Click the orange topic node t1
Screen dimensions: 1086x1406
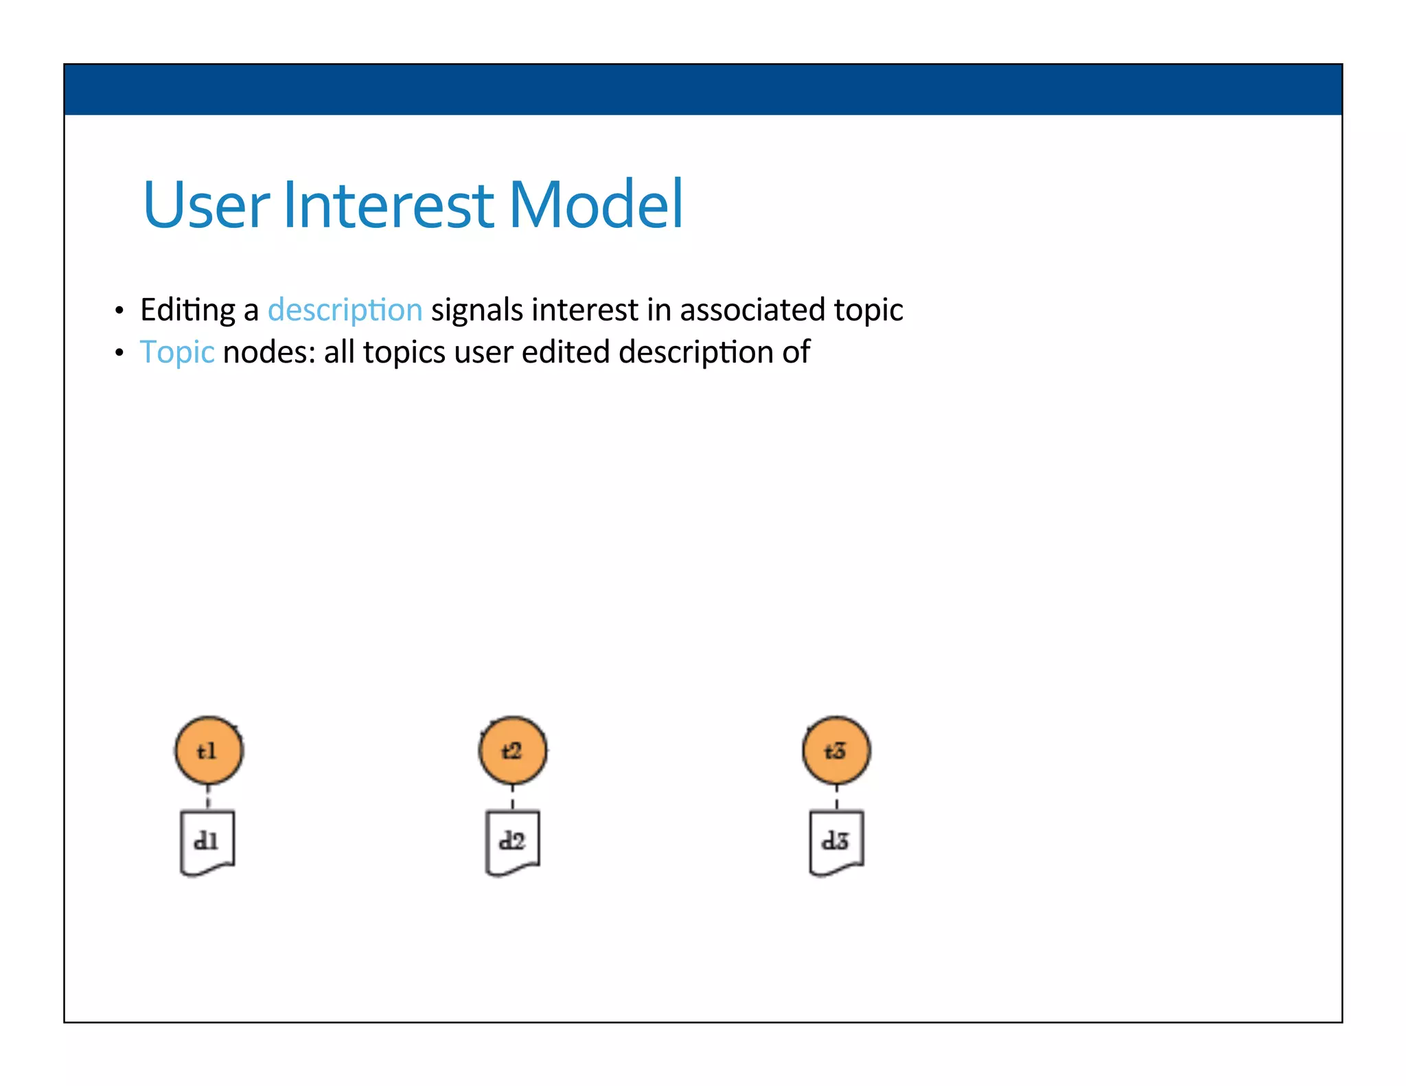(x=209, y=751)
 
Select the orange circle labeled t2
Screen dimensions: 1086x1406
(x=513, y=750)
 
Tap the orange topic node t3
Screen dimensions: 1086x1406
(x=836, y=750)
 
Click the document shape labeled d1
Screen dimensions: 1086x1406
(x=207, y=842)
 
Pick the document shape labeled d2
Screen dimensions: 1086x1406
(x=513, y=842)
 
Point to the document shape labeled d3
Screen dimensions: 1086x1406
(x=836, y=842)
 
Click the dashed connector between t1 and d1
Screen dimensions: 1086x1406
(x=208, y=798)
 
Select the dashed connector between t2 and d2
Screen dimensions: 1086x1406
(x=513, y=798)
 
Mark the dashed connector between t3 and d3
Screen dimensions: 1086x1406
(x=836, y=798)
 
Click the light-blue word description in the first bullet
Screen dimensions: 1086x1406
(x=345, y=310)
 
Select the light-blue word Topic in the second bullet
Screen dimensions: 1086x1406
(x=177, y=353)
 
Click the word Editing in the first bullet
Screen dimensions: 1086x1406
(x=187, y=310)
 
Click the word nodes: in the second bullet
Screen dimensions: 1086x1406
(x=269, y=353)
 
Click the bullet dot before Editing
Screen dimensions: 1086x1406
(x=119, y=312)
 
